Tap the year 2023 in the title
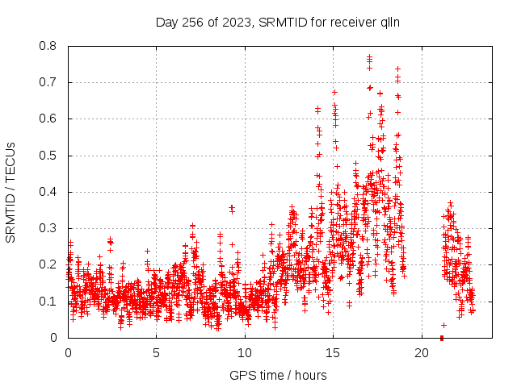tap(234, 22)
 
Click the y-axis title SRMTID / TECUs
tap(11, 192)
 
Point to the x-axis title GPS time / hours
tap(278, 375)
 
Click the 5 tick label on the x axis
tap(156, 353)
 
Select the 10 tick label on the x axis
tap(245, 353)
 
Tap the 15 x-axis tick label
tap(333, 353)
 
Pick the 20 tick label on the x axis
tap(422, 353)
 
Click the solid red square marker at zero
tap(442, 337)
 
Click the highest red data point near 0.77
tap(369, 57)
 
